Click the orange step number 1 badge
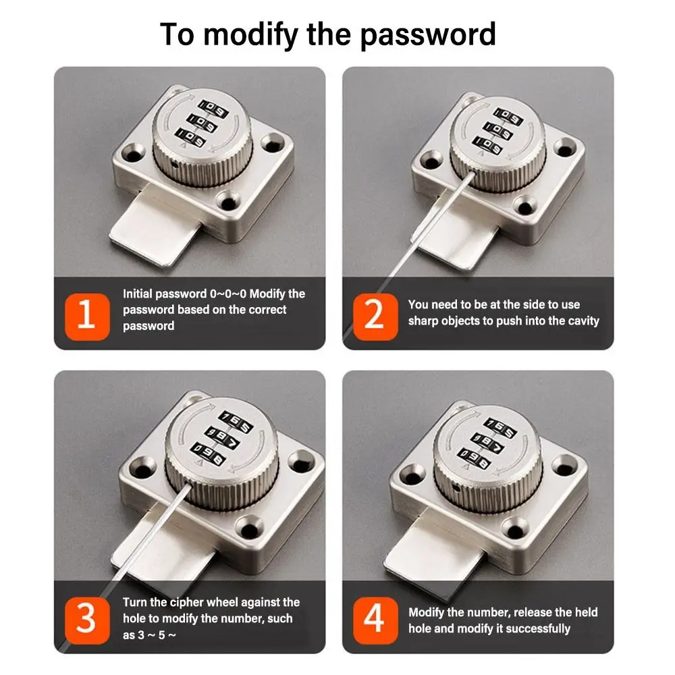pyautogui.click(x=87, y=317)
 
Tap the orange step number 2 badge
pyautogui.click(x=375, y=317)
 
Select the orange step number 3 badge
pyautogui.click(x=87, y=620)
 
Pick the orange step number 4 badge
pyautogui.click(x=375, y=620)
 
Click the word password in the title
pyautogui.click(x=428, y=34)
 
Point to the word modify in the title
pyautogui.click(x=250, y=34)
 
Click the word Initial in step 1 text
pyautogui.click(x=137, y=294)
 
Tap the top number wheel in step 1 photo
pyautogui.click(x=213, y=109)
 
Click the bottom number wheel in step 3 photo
pyautogui.click(x=209, y=454)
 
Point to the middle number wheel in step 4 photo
pyautogui.click(x=487, y=442)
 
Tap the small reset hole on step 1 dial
pyautogui.click(x=174, y=164)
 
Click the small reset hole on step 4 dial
pyautogui.click(x=456, y=488)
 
